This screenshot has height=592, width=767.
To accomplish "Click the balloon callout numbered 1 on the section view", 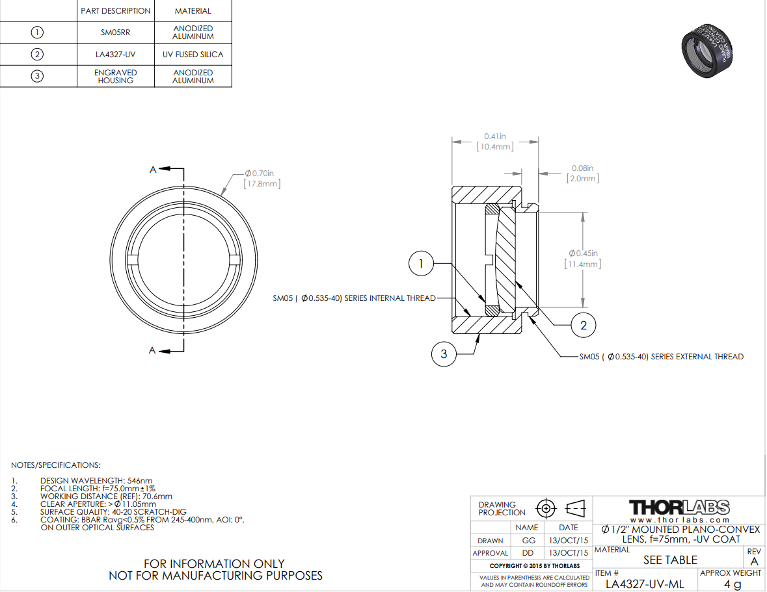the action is (x=421, y=263).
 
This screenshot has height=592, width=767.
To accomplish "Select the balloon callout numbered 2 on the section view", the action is (x=583, y=325).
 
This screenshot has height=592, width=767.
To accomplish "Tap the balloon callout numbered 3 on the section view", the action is (x=444, y=354).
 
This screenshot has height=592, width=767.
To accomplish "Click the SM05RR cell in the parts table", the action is (x=115, y=32).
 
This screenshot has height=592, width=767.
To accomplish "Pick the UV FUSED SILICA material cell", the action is (x=193, y=54).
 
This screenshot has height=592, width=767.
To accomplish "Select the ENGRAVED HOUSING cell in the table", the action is (x=115, y=76).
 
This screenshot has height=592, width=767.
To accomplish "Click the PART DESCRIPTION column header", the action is (x=115, y=11).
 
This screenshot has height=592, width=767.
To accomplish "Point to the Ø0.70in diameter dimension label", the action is (x=262, y=178).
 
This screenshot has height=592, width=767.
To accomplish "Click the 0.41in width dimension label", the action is (x=495, y=141).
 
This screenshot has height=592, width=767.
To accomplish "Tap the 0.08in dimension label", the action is (x=583, y=173).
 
